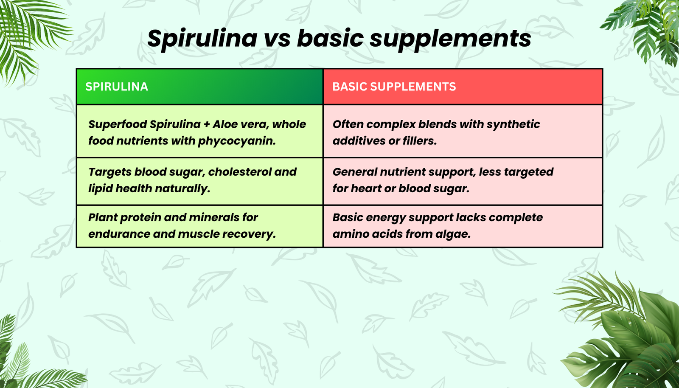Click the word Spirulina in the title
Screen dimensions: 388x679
(202, 39)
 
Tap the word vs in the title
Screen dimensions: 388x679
(277, 39)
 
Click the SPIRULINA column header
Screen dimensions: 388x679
(117, 87)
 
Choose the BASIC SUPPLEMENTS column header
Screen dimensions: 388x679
(394, 87)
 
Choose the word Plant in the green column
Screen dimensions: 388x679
(102, 217)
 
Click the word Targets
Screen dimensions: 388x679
(109, 172)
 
